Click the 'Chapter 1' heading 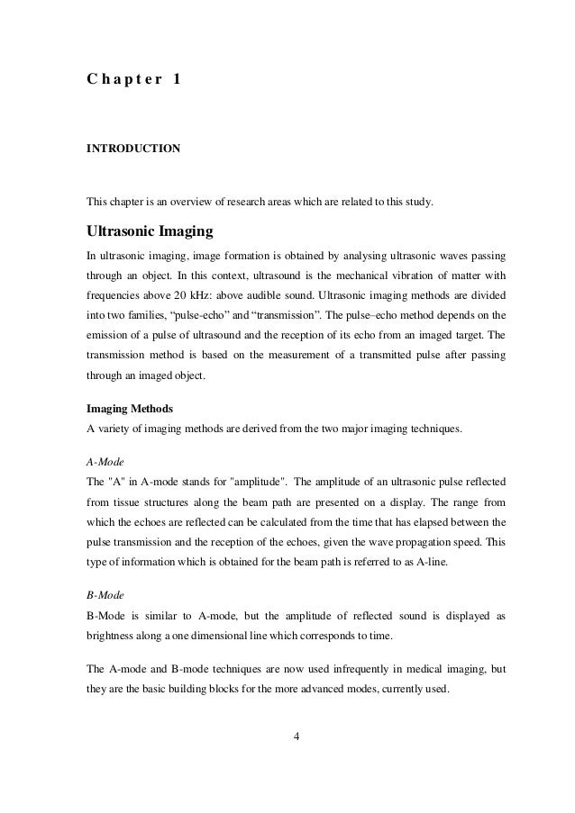click(132, 79)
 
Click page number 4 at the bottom click(297, 763)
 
